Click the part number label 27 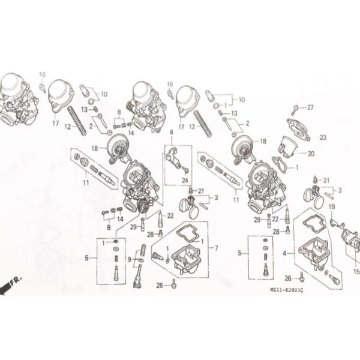(310, 107)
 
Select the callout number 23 (322, 137)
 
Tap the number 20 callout (311, 153)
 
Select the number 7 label (216, 248)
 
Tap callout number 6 (171, 132)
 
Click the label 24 (185, 180)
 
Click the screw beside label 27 (295, 110)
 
